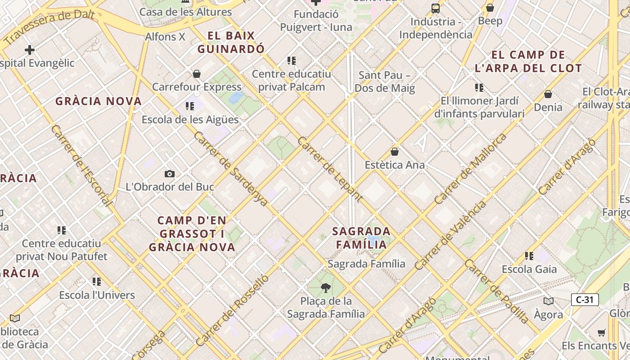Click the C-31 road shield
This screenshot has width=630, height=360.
pyautogui.click(x=585, y=300)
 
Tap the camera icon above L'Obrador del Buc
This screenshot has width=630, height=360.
pyautogui.click(x=170, y=174)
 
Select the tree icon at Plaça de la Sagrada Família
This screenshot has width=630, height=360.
pyautogui.click(x=325, y=288)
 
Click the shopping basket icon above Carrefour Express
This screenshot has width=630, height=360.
pyautogui.click(x=197, y=74)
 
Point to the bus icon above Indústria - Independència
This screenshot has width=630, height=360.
pyautogui.click(x=435, y=8)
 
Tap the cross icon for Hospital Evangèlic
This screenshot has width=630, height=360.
pyautogui.click(x=30, y=50)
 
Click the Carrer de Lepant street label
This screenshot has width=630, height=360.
pyautogui.click(x=330, y=169)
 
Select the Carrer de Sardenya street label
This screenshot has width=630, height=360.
pyautogui.click(x=231, y=169)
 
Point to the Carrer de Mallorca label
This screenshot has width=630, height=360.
pyautogui.click(x=470, y=168)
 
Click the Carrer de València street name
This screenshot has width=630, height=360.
pyautogui.click(x=450, y=235)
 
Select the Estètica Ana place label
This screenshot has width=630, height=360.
pyautogui.click(x=395, y=165)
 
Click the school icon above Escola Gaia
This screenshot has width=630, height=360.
pyautogui.click(x=529, y=256)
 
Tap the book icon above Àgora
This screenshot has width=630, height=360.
pyautogui.click(x=548, y=301)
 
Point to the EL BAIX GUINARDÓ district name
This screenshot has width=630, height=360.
pyautogui.click(x=231, y=42)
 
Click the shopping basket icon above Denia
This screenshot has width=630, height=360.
pyautogui.click(x=548, y=94)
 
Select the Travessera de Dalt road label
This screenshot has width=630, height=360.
pyautogui.click(x=49, y=26)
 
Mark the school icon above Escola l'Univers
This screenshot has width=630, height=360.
pyautogui.click(x=97, y=282)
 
